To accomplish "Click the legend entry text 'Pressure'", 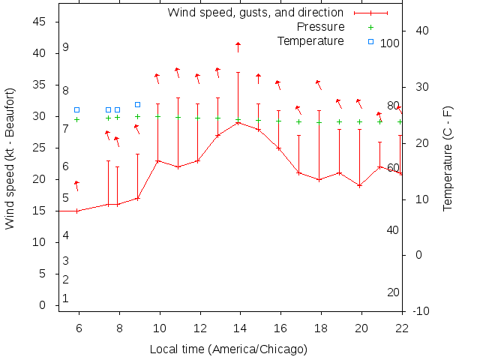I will [320, 26].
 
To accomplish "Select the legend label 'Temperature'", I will [310, 40].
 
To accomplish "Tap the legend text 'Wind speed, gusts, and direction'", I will [255, 13].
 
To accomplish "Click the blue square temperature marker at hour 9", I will [137, 105].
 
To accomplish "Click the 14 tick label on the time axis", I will [239, 327].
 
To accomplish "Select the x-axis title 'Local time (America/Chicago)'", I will [229, 349].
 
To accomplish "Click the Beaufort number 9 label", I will [66, 47].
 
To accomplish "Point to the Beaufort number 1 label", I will [66, 298].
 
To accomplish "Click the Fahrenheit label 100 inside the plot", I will [389, 43].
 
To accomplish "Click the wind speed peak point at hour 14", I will [238, 122].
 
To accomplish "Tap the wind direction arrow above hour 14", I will [238, 47].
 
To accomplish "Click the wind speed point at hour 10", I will [157, 160].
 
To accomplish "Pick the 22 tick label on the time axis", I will [402, 327].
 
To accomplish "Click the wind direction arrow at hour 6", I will [76, 185].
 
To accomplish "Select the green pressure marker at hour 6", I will [76, 119].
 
